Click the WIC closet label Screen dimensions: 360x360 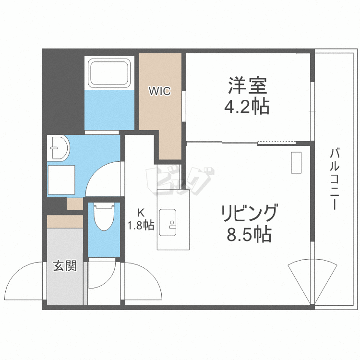tap(159, 91)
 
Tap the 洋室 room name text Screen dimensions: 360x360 tap(247, 86)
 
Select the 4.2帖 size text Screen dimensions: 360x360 tap(247, 107)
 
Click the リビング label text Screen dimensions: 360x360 tap(249, 213)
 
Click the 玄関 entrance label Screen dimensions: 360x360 tap(65, 265)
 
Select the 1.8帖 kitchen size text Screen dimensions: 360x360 tap(141, 225)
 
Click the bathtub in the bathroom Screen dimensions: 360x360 tap(108, 73)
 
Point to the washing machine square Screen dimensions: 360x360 tap(61, 180)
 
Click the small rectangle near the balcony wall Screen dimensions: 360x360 tap(296, 163)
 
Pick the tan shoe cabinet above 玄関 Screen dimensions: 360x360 tap(65, 222)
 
